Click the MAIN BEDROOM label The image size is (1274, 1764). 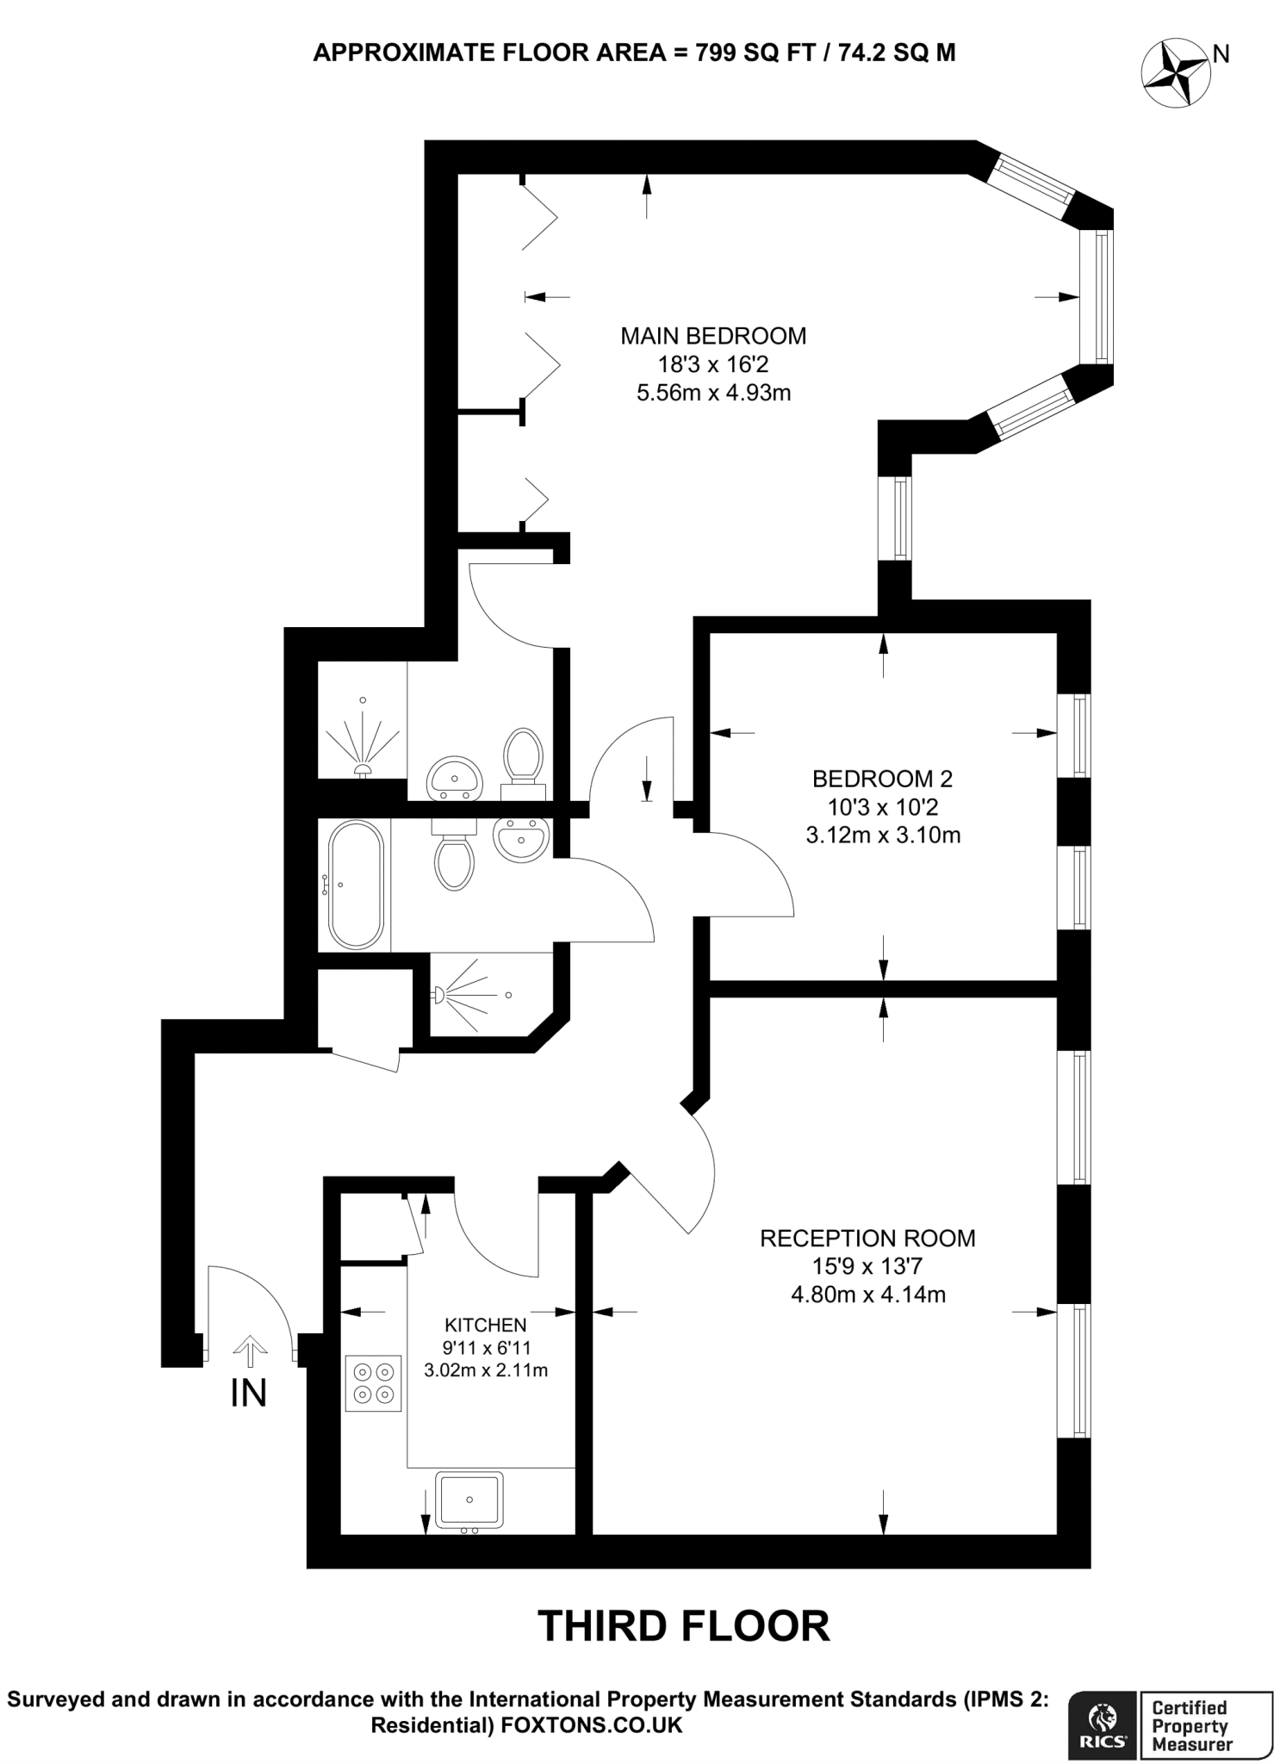point(713,336)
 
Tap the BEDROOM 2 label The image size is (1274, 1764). point(882,779)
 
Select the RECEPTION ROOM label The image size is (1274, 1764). point(867,1238)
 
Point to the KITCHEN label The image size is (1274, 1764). point(485,1325)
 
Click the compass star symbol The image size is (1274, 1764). point(1174,74)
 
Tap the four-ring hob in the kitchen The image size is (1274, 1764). point(373,1383)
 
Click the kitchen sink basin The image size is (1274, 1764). point(469,1500)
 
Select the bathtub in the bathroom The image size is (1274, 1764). point(355,885)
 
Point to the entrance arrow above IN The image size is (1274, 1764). point(249,1351)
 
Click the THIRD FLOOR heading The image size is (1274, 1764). point(684,1626)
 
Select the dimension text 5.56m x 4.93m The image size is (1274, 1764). point(713,394)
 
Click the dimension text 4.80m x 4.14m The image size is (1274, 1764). point(867,1294)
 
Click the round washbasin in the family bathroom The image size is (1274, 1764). point(521,838)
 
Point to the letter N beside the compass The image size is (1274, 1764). point(1221,54)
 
